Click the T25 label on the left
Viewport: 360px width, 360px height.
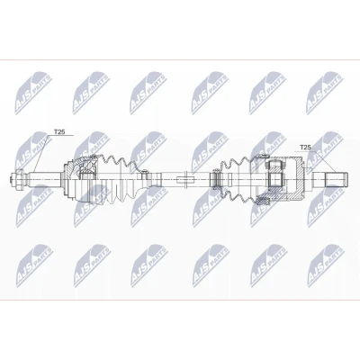(59, 132)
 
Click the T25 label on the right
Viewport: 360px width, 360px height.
(305, 148)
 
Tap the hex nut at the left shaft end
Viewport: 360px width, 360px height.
(17, 179)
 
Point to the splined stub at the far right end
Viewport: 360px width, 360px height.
(337, 179)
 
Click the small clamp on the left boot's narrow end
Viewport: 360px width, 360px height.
(144, 175)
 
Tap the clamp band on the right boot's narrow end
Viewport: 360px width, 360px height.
(215, 179)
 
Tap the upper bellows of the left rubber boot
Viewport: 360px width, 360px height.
(119, 164)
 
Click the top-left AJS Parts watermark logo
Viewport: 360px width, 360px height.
(33, 93)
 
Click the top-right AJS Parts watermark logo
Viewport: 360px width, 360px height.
(324, 93)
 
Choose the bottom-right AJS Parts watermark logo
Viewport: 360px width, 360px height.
(327, 265)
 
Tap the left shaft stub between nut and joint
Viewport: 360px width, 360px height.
(44, 179)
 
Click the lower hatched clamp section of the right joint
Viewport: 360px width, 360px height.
(264, 201)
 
